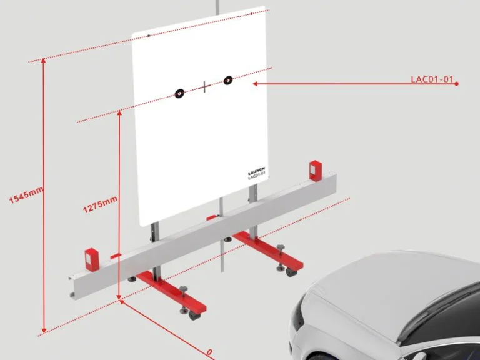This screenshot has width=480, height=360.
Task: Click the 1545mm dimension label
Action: click(26, 195)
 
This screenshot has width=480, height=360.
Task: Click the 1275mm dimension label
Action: click(100, 204)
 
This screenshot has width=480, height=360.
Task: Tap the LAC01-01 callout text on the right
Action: click(432, 79)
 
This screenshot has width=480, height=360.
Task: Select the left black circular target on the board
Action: click(180, 93)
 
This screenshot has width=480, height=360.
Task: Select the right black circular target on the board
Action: click(227, 80)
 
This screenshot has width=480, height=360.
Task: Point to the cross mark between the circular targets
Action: click(204, 87)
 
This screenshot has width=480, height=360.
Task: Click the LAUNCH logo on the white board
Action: click(256, 170)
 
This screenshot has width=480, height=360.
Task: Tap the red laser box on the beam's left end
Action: click(92, 259)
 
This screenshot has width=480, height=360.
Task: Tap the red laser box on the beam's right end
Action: click(315, 170)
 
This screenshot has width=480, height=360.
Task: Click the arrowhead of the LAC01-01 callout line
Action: click(255, 84)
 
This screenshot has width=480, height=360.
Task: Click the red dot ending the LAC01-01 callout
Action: click(456, 84)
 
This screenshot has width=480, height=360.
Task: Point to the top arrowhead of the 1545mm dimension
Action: click(44, 60)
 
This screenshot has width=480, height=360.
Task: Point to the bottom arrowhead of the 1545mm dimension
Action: click(44, 331)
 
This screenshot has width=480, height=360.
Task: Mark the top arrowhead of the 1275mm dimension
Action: click(119, 112)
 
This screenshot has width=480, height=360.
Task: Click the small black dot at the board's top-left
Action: click(149, 36)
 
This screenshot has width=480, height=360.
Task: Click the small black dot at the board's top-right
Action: click(252, 14)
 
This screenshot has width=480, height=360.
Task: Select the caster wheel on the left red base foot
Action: click(194, 315)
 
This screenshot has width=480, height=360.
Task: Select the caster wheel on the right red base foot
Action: click(291, 272)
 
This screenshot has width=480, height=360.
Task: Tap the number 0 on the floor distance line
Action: click(209, 352)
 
